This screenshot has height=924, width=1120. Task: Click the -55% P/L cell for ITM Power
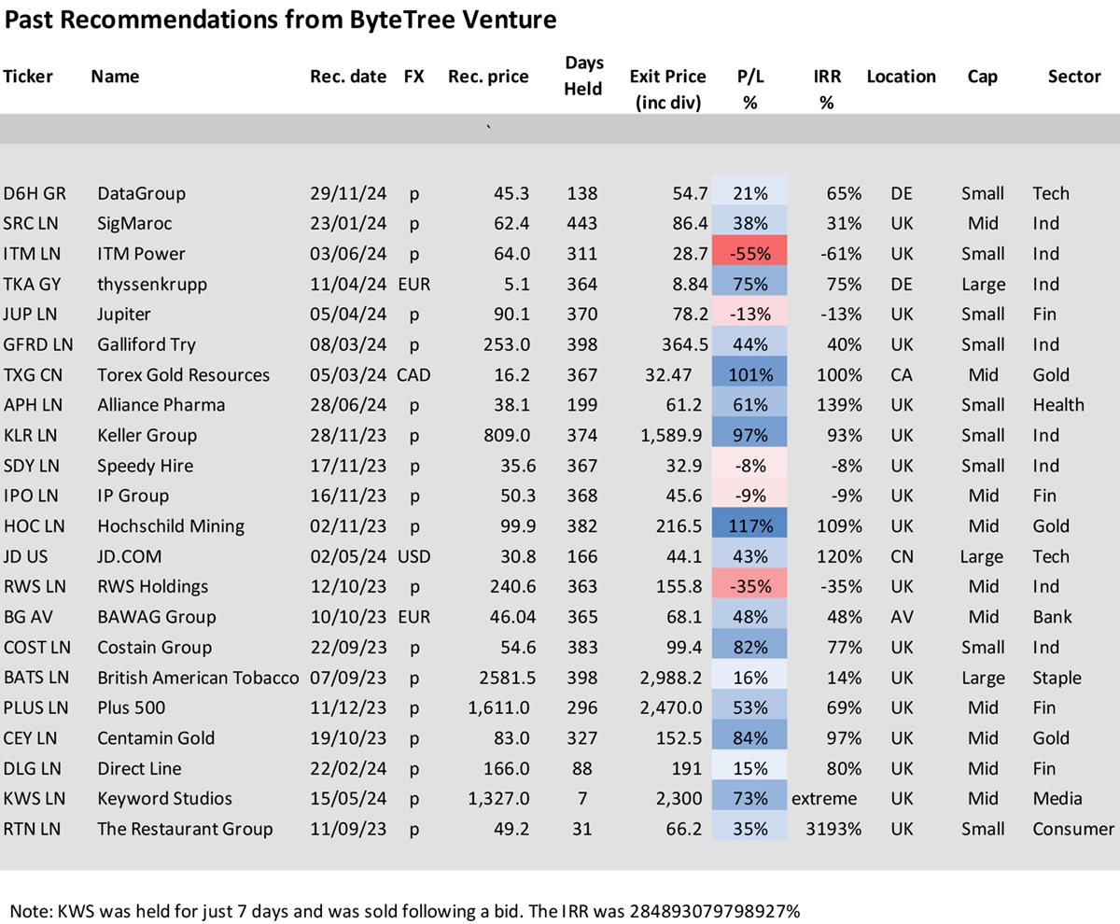pyautogui.click(x=749, y=253)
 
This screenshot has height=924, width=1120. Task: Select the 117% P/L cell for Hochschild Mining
pyautogui.click(x=749, y=525)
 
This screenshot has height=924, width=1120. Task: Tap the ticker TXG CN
pyautogui.click(x=33, y=374)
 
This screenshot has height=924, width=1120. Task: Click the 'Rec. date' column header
pyautogui.click(x=348, y=77)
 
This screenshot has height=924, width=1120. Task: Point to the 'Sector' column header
pyautogui.click(x=1074, y=77)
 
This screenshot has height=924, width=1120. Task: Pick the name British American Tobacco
pyautogui.click(x=198, y=678)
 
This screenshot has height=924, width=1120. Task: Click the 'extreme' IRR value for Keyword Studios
pyautogui.click(x=824, y=798)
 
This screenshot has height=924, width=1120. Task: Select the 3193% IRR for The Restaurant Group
pyautogui.click(x=833, y=829)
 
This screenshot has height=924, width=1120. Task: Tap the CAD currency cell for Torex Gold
pyautogui.click(x=413, y=374)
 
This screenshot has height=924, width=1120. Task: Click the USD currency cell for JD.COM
pyautogui.click(x=413, y=556)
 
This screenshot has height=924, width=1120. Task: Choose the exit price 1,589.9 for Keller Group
pyautogui.click(x=671, y=435)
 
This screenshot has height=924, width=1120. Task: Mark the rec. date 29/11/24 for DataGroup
pyautogui.click(x=348, y=193)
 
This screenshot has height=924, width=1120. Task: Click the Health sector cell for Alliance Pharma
pyautogui.click(x=1058, y=404)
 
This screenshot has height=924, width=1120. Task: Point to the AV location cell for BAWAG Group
pyautogui.click(x=902, y=617)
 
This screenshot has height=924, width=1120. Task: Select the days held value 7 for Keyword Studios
pyautogui.click(x=582, y=798)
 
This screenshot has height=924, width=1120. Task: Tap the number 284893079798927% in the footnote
pyautogui.click(x=715, y=911)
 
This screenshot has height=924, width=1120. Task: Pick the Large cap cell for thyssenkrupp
pyautogui.click(x=983, y=285)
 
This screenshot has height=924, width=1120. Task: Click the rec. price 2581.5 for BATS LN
pyautogui.click(x=507, y=678)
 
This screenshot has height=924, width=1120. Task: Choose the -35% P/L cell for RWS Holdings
pyautogui.click(x=749, y=586)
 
